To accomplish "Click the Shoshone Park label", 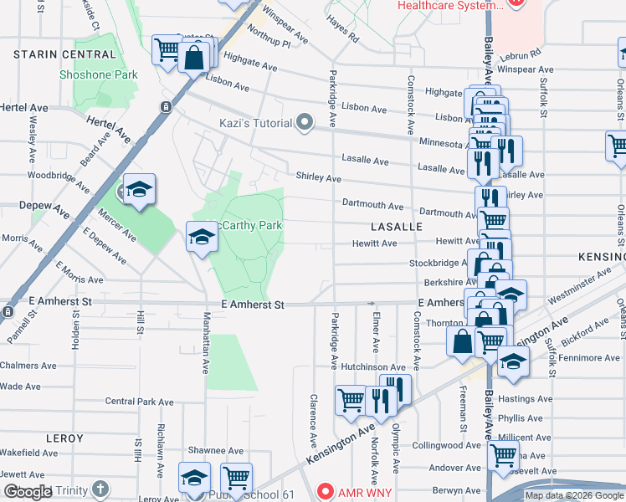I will coord(98,74).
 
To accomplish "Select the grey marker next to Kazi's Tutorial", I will coord(305,123).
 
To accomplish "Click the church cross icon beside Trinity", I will coord(100,489).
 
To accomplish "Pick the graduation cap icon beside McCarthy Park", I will coord(202,237).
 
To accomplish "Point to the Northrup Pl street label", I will coord(268,42).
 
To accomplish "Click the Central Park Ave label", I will coord(139,402).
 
